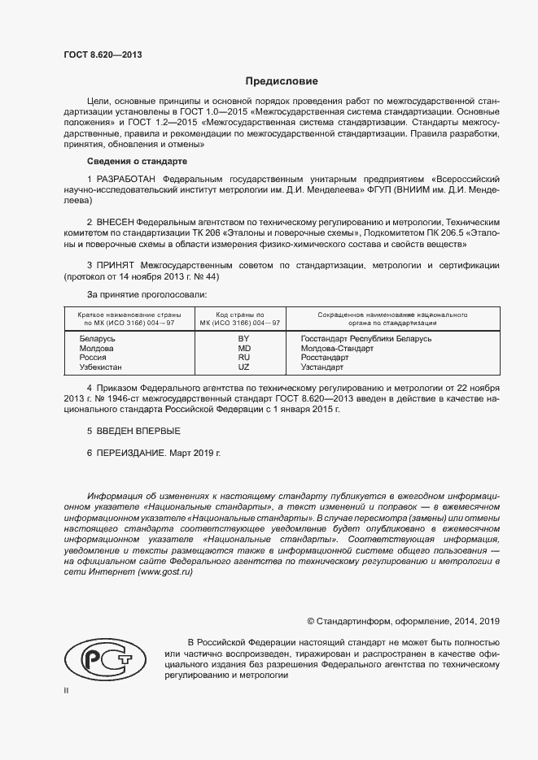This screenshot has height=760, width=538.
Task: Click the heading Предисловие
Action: click(282, 81)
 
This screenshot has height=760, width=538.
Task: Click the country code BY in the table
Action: click(243, 338)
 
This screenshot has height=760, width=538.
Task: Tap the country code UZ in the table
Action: click(243, 367)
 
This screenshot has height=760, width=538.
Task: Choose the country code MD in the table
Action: click(243, 348)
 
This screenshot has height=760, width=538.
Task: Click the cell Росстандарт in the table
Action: click(324, 358)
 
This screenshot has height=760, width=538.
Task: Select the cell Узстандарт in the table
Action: click(322, 367)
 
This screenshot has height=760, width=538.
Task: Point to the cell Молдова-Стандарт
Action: click(337, 348)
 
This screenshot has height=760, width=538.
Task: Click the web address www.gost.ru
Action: click(165, 572)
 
